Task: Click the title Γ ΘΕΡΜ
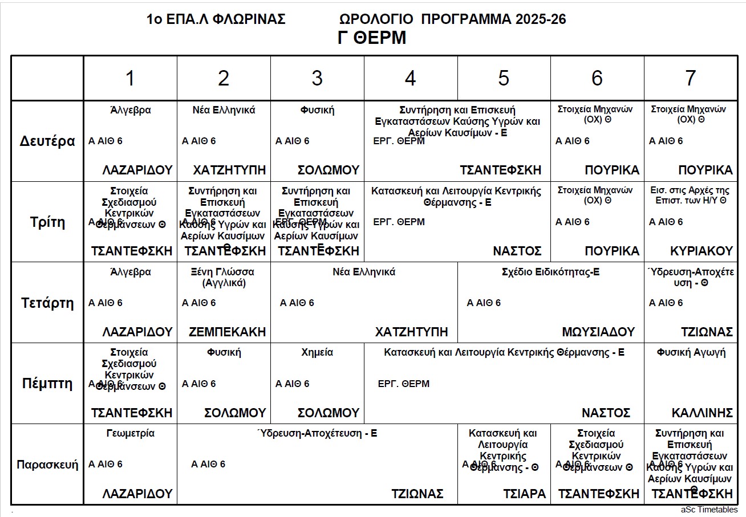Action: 371,38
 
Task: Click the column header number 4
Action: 410,79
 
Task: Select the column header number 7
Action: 690,79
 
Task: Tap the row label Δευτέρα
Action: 48,141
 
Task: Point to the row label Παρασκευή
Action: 47,464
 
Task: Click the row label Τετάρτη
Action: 48,303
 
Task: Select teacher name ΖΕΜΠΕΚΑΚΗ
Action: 228,332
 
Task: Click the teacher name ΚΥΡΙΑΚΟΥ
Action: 701,251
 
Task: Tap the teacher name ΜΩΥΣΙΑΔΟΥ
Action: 598,332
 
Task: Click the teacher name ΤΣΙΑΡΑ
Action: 524,494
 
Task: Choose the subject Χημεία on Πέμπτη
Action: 317,353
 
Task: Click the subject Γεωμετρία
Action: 130,433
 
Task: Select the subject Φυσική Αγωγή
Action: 691,353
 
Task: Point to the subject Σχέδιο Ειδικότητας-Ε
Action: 550,272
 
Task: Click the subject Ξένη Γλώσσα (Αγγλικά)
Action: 224,277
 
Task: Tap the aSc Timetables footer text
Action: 709,510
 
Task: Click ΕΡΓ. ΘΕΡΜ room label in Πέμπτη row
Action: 403,384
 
